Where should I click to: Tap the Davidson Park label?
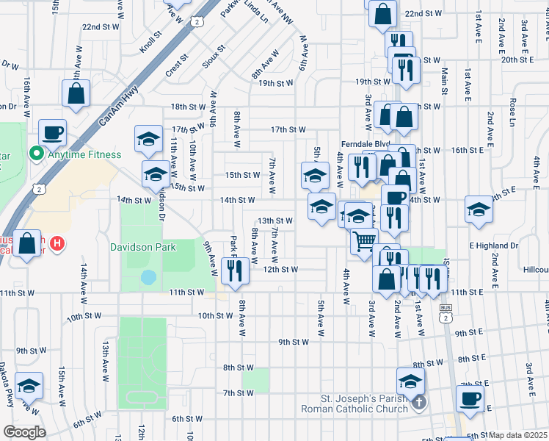142,247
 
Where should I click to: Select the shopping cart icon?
364,241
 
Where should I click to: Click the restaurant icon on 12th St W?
235,270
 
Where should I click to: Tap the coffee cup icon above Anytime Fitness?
52,133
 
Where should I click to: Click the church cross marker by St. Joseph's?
418,402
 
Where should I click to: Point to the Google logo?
24,432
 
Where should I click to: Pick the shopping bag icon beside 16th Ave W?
76,93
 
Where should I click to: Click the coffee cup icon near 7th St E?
470,398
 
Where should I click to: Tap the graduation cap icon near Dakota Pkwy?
29,386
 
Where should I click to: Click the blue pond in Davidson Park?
148,277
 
